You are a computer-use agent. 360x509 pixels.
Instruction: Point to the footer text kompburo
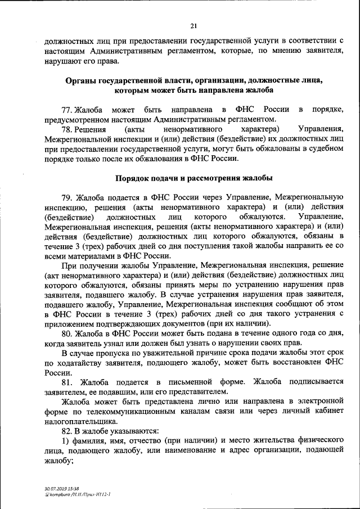click(x=62, y=494)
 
